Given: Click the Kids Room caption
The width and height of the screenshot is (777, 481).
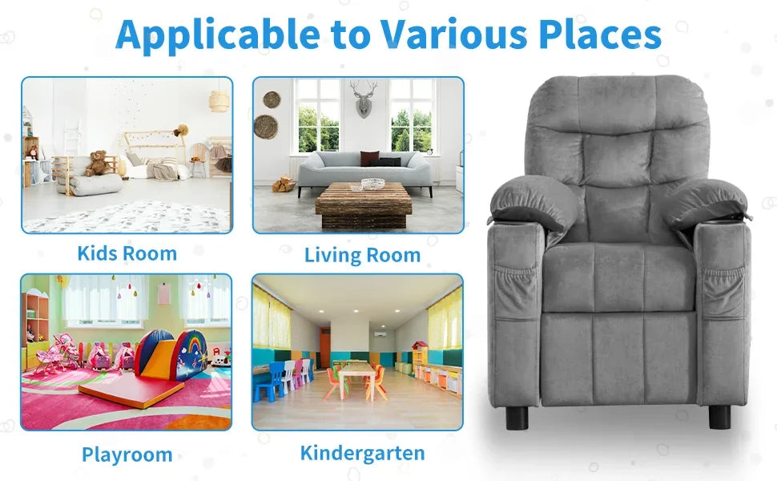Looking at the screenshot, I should (127, 253).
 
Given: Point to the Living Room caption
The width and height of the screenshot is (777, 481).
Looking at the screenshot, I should (362, 255).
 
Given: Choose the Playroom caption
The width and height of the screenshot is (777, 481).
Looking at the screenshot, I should (127, 455).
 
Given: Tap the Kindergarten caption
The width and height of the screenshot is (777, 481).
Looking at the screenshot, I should (362, 452).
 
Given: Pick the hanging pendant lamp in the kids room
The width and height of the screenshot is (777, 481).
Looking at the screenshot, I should (219, 100).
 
